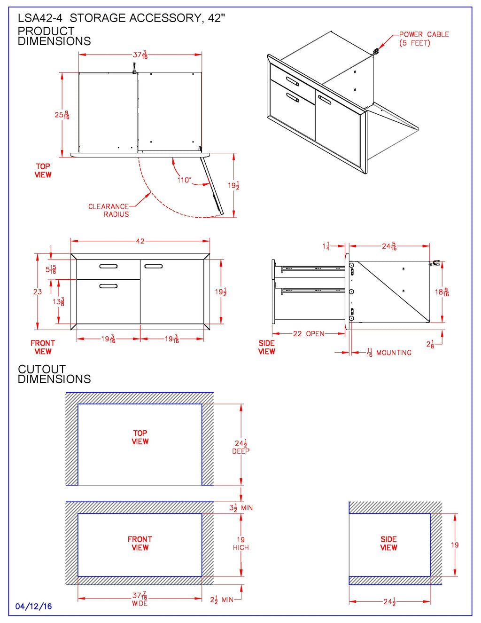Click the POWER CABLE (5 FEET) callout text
pos(423,39)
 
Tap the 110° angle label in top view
pos(184,180)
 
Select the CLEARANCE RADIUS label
pos(109,210)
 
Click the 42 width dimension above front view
pos(140,241)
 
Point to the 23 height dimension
pos(38,292)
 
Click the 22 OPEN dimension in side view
pos(309,333)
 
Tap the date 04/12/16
pos(34,607)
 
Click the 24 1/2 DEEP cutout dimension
pos(241,447)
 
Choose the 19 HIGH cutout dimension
pos(240,544)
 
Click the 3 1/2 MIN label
pos(241,508)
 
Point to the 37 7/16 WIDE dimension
pos(140,599)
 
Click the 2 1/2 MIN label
pos(221,600)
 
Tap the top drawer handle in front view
pos(109,267)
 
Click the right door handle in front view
pos(154,267)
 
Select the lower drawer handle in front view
pos(109,286)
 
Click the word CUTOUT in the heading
pos(42,369)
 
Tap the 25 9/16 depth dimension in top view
pos(62,115)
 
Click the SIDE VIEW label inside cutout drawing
pos(388,544)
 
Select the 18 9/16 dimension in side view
pos(442,292)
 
